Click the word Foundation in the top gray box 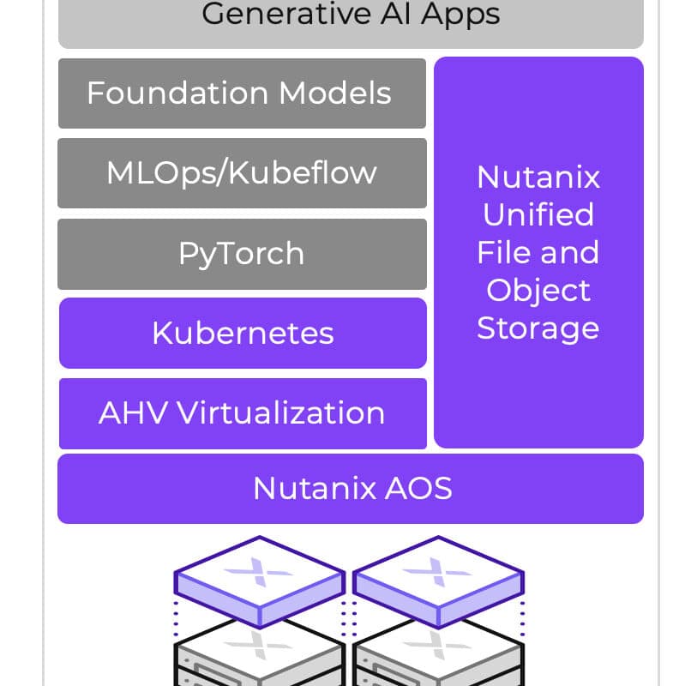(177, 93)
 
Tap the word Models (335, 93)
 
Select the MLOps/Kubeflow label (242, 174)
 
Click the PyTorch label (242, 255)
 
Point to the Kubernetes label (243, 333)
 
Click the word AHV (133, 413)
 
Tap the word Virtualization (281, 413)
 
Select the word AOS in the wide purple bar (418, 489)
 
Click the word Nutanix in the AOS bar (315, 489)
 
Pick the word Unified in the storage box (538, 214)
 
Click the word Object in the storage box (538, 292)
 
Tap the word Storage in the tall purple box (538, 330)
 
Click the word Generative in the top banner (286, 14)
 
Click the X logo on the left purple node (259, 572)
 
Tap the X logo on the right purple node (437, 572)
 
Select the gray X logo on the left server (259, 646)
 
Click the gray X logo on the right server (437, 646)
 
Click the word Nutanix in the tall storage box (538, 178)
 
